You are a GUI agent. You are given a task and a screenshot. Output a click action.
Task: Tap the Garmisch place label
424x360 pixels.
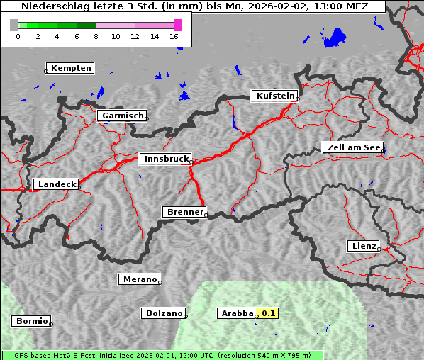(x=123, y=116)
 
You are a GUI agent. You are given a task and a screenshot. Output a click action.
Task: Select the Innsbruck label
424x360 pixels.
(x=166, y=159)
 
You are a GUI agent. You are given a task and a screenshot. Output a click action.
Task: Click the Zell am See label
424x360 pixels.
(x=354, y=147)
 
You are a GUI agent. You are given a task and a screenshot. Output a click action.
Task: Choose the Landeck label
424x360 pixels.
(x=57, y=184)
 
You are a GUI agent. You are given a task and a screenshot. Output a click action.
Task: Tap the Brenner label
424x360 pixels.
(x=185, y=212)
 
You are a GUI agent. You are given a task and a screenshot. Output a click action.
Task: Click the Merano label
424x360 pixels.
(x=139, y=279)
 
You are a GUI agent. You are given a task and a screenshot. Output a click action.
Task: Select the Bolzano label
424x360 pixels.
(x=164, y=313)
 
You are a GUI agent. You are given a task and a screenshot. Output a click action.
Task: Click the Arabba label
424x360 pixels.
(x=237, y=313)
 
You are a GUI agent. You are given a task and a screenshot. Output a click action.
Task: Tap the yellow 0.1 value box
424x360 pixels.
(x=269, y=313)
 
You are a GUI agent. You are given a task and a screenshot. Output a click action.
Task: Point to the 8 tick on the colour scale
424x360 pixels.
(x=96, y=36)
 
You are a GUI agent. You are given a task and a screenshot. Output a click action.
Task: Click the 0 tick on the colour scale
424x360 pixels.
(x=18, y=36)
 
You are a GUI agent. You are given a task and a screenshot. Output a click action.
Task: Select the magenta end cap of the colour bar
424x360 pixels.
(x=177, y=25)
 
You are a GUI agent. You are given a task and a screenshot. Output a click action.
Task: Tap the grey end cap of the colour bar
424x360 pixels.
(x=13, y=25)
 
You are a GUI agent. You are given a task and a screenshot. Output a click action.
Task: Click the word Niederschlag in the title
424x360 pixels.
(x=51, y=6)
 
